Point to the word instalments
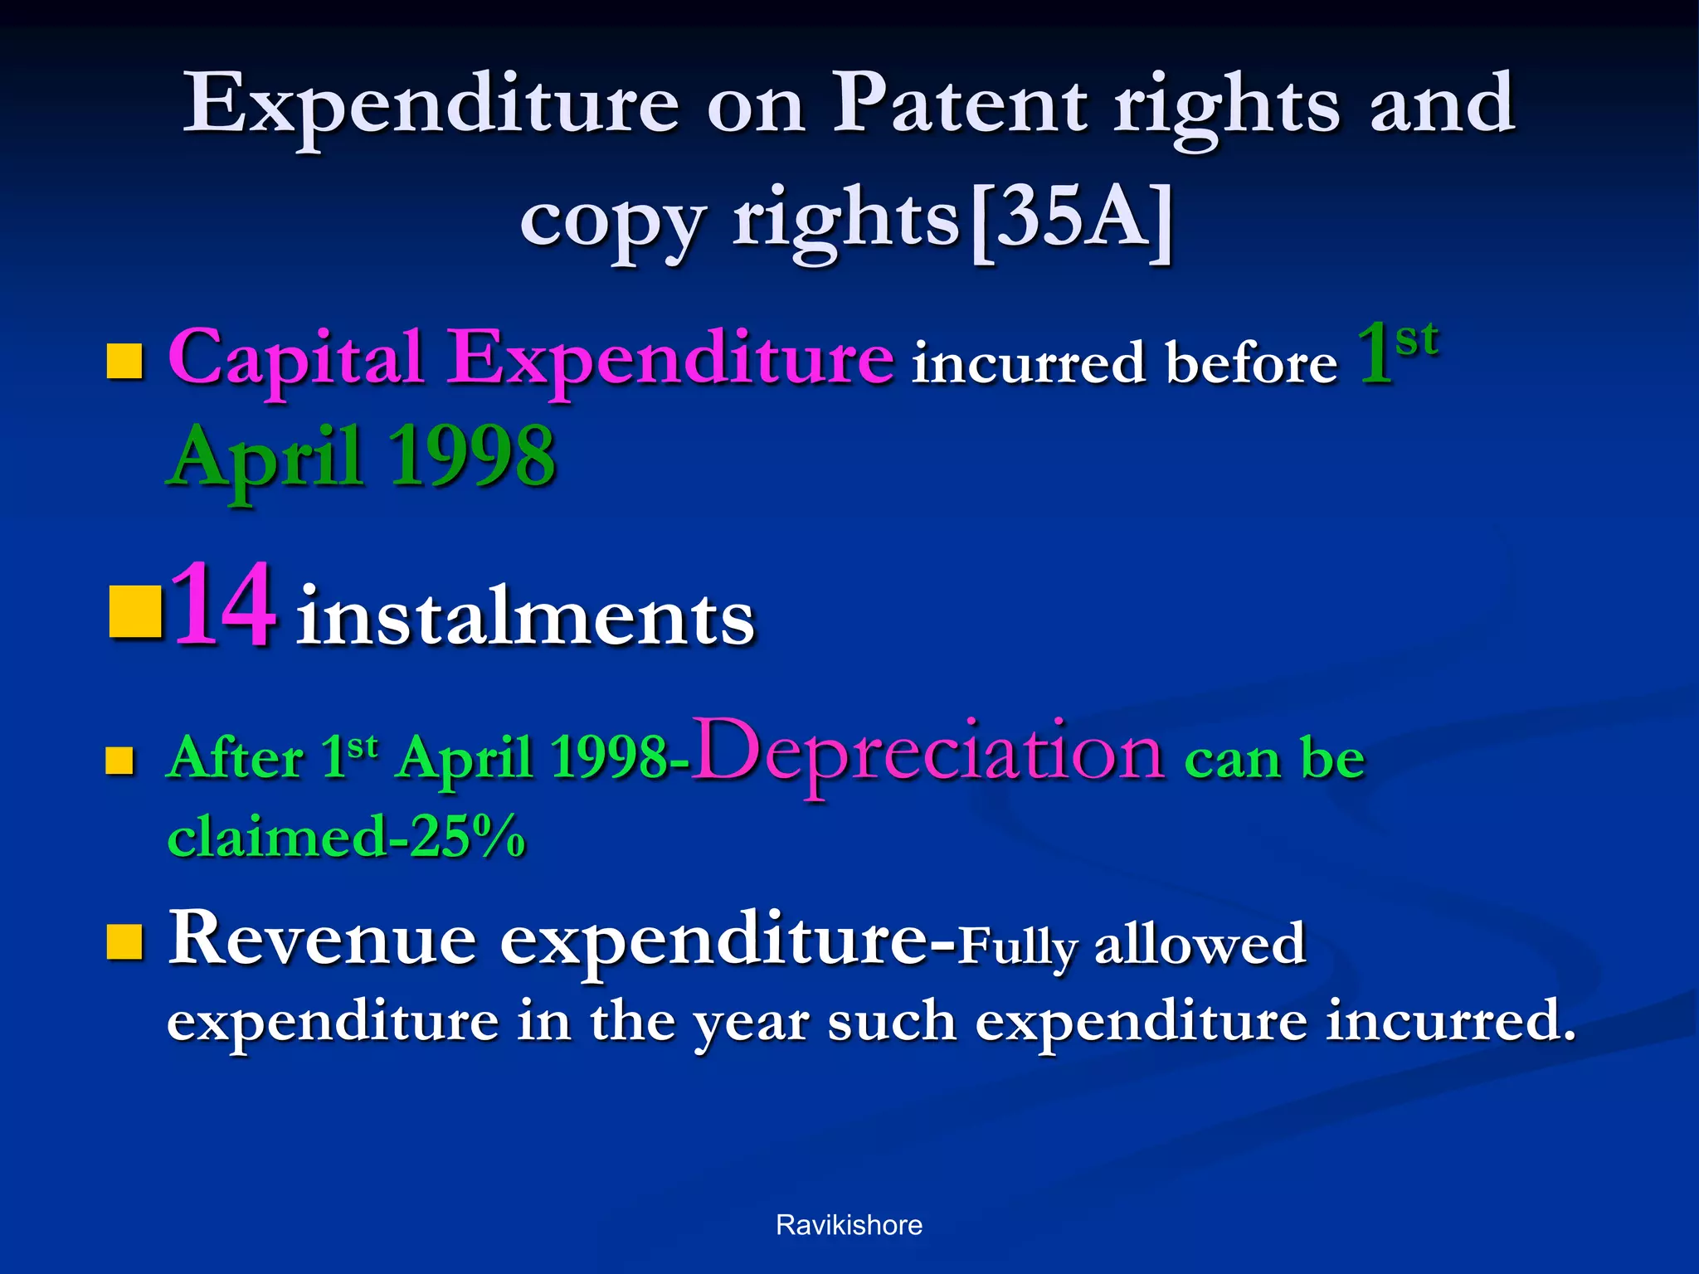point(525,618)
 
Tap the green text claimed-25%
point(346,836)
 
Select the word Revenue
point(323,940)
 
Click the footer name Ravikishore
point(849,1225)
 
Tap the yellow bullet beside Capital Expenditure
point(125,362)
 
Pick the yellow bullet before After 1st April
point(120,760)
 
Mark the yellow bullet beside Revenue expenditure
point(125,942)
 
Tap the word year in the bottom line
point(751,1023)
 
